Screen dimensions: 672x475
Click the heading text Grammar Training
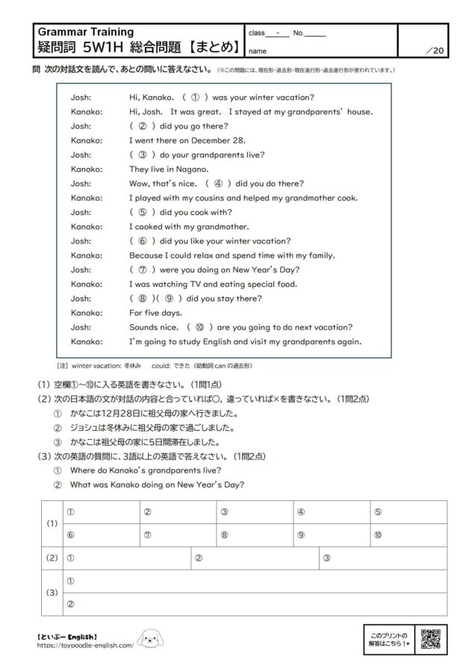[x=85, y=32]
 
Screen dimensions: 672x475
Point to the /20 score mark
[x=434, y=51]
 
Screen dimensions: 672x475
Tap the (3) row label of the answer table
[x=52, y=591]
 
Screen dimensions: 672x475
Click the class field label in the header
[x=256, y=33]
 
